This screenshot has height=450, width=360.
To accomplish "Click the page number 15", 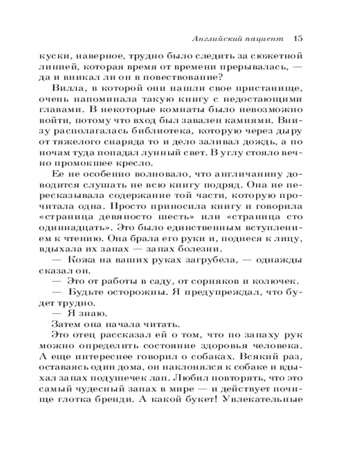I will pos(297,39).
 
